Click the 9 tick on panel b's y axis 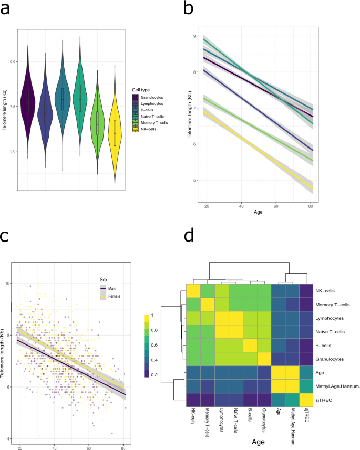[196, 36]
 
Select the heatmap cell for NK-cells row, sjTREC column [306, 291]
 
